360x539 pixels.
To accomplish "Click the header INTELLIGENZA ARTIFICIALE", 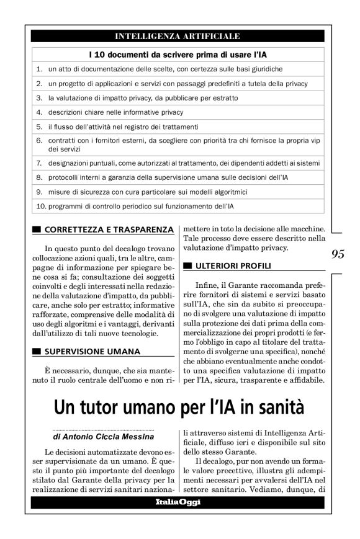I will tap(178, 37).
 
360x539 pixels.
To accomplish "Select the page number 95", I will tap(339, 254).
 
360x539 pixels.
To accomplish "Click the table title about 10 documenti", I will tap(178, 54).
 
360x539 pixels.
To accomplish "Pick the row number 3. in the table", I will tap(38, 97).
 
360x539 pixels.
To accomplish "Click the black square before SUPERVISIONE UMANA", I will tap(37, 351).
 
